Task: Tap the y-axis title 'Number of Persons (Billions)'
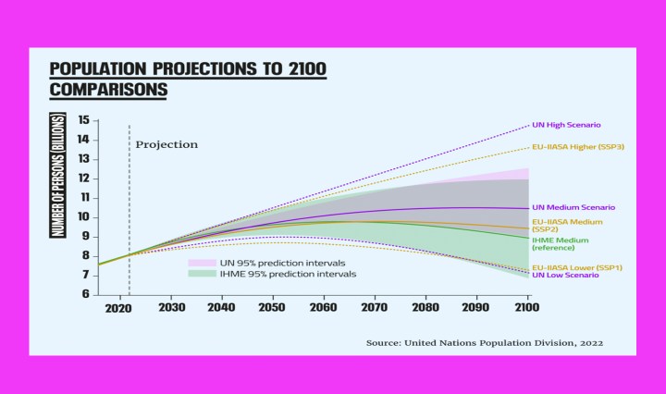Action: [58, 175]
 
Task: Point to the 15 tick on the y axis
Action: [83, 120]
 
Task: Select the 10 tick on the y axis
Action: [83, 216]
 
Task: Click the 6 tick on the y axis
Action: [85, 293]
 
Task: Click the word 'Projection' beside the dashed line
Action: [166, 144]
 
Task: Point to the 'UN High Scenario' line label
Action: [567, 125]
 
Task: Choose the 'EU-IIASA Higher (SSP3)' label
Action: [579, 147]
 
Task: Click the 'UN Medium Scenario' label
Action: [573, 207]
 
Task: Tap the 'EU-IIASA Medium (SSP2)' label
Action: [567, 226]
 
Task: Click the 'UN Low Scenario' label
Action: [565, 275]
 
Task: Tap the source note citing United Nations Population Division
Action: [485, 342]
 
